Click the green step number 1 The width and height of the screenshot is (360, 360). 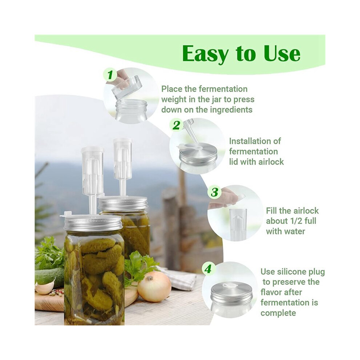(111, 75)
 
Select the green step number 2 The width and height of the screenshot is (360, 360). (176, 125)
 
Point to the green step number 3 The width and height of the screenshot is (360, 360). (215, 192)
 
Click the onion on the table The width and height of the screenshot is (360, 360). (154, 287)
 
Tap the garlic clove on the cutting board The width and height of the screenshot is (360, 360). (45, 287)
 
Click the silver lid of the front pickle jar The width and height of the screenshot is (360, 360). (92, 223)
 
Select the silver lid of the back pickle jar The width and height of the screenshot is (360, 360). (123, 204)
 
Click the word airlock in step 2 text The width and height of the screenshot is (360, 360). (271, 162)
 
